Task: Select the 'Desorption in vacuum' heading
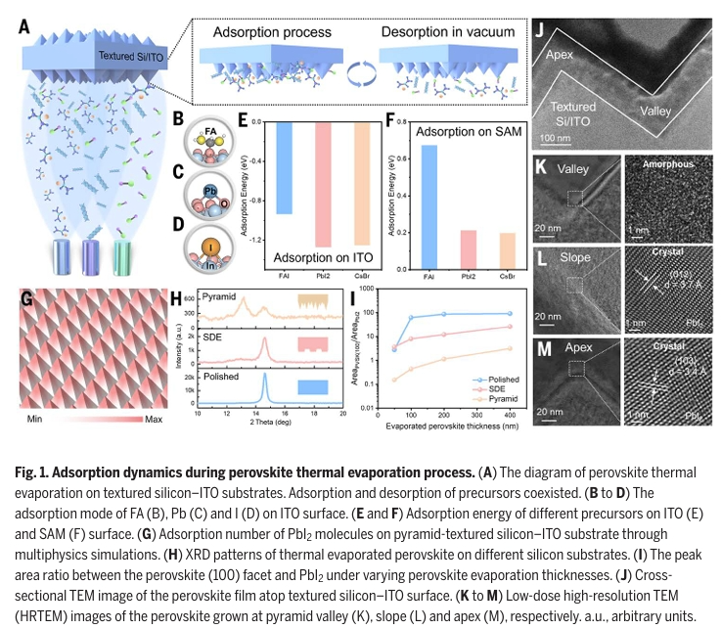tap(448, 32)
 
